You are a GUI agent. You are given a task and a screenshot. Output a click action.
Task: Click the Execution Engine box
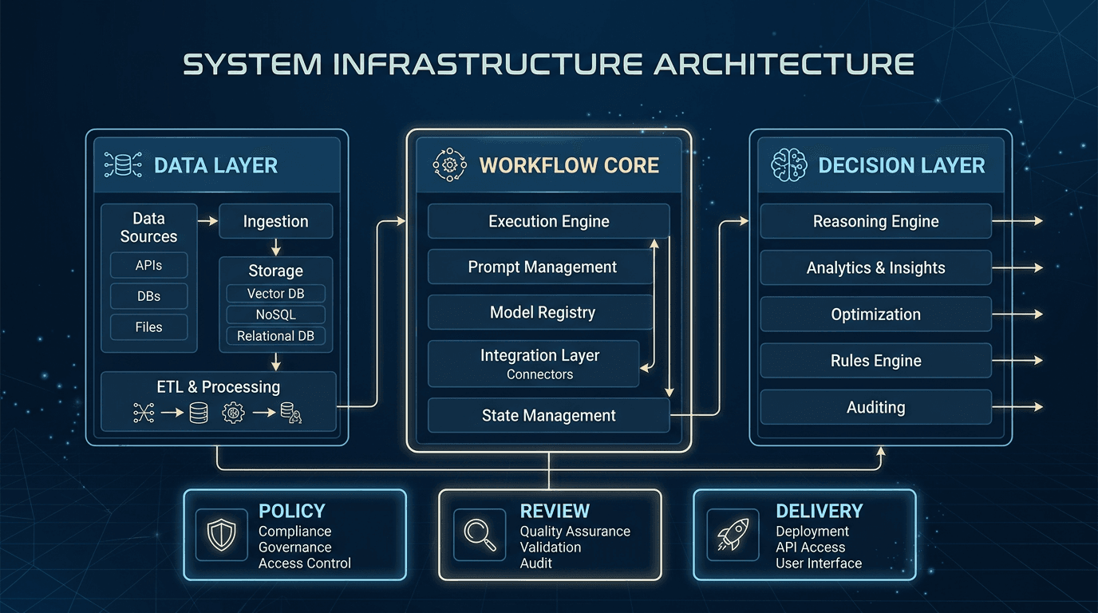click(x=548, y=221)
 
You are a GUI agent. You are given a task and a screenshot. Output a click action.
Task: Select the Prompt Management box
click(x=542, y=267)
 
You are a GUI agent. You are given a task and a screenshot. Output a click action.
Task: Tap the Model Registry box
click(x=542, y=313)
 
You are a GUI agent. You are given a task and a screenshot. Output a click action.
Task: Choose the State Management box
click(x=548, y=415)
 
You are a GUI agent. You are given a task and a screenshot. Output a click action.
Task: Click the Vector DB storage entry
click(x=275, y=294)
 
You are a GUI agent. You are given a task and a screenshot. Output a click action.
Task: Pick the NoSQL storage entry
click(x=275, y=314)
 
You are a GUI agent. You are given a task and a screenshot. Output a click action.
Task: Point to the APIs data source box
click(x=148, y=266)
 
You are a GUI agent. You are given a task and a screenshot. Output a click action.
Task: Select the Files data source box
click(x=148, y=327)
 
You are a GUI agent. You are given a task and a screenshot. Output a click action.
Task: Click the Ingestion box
click(x=275, y=221)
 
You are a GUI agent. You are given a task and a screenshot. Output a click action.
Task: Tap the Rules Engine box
click(x=875, y=361)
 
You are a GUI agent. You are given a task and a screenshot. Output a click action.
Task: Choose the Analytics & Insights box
click(x=875, y=268)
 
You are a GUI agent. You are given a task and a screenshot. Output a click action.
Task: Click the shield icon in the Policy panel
click(x=221, y=535)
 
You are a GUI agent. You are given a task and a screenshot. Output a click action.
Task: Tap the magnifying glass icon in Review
click(x=479, y=535)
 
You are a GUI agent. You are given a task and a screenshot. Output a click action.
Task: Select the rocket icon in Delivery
click(x=733, y=535)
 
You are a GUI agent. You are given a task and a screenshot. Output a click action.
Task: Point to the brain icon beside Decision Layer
click(x=788, y=165)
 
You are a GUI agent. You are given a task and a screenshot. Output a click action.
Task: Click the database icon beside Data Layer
click(x=123, y=165)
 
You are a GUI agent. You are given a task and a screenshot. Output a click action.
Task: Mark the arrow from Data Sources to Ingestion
click(x=207, y=221)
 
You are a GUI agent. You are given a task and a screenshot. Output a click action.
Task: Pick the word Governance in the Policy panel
click(x=294, y=548)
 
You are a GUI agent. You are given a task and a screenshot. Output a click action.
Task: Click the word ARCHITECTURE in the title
click(x=783, y=65)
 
